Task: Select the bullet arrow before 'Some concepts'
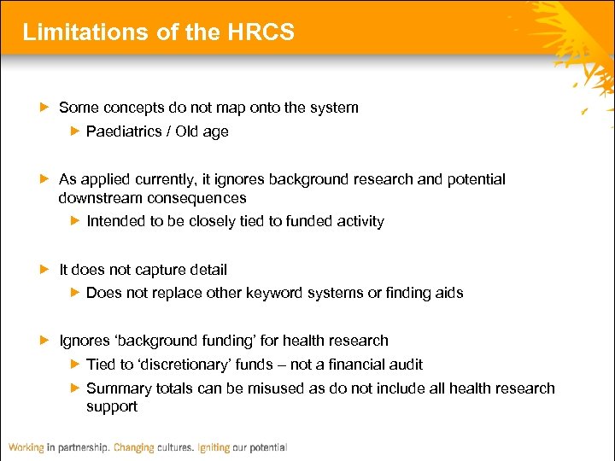[45, 108]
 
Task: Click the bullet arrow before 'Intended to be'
[74, 221]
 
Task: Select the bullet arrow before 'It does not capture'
[45, 270]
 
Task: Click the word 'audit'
[405, 365]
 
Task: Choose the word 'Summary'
[115, 388]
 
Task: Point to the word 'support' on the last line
[112, 407]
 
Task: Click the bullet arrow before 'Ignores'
[45, 341]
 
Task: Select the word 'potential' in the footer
[266, 447]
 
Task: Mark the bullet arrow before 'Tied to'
[74, 365]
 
